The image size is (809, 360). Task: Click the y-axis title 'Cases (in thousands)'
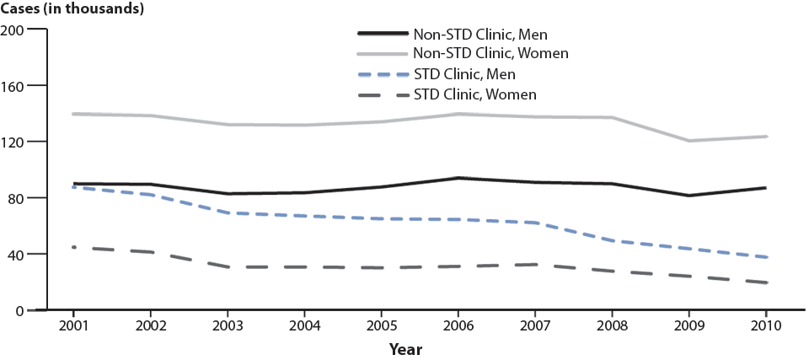[72, 9]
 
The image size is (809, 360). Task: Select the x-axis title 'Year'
[405, 348]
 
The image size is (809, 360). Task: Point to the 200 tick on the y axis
[13, 30]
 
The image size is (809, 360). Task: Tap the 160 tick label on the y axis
[13, 86]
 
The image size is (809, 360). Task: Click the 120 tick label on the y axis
[13, 142]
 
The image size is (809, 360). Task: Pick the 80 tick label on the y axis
[16, 198]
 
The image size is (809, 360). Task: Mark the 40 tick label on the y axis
[16, 255]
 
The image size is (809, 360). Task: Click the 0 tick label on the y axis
[19, 310]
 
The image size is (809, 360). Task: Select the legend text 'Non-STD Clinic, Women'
[491, 54]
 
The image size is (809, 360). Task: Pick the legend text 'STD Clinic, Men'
[470, 74]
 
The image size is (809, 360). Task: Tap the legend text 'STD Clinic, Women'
[476, 94]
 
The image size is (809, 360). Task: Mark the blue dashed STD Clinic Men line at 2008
[612, 241]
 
